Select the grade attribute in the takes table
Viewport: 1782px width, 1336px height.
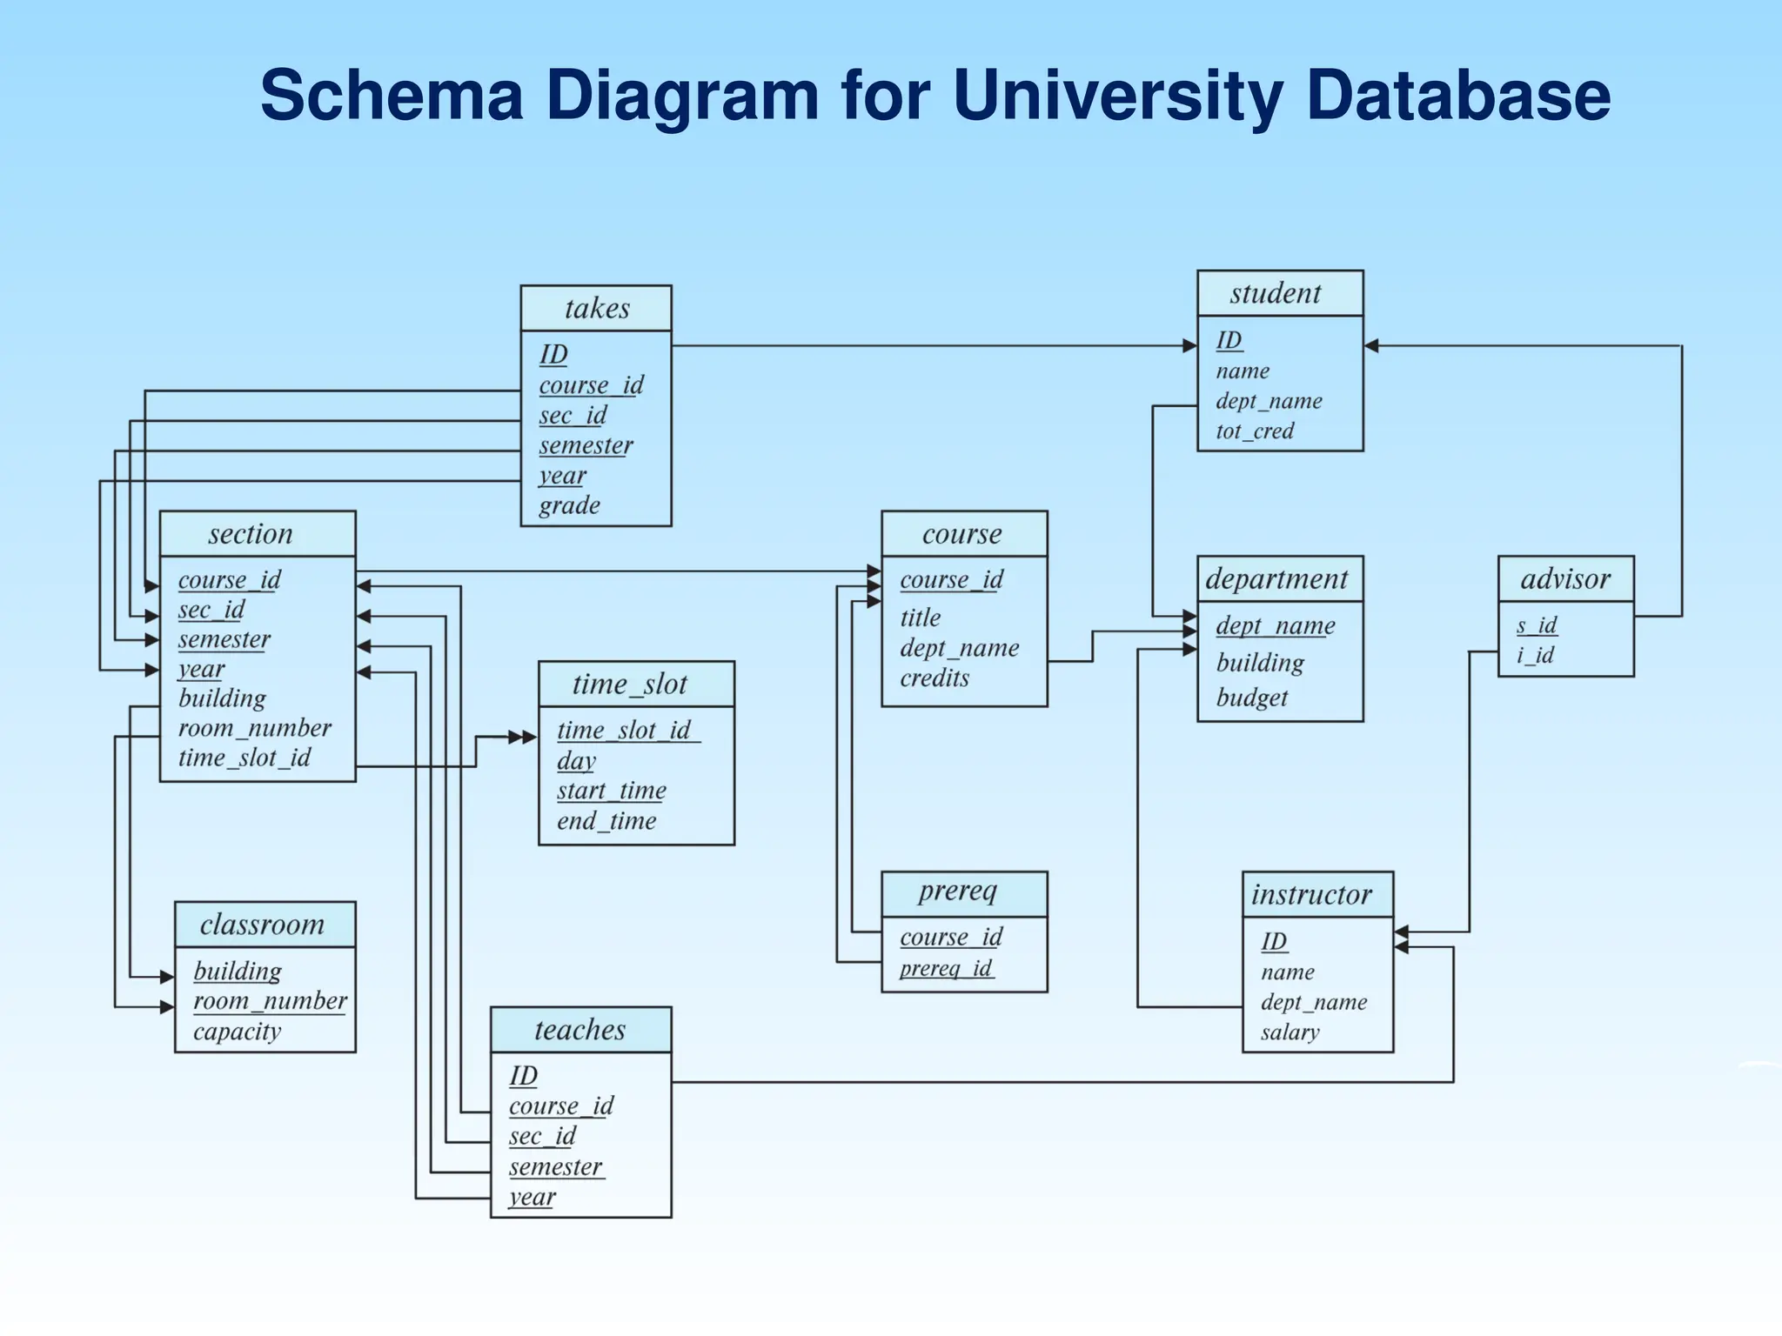tap(569, 505)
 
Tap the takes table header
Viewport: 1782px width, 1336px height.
tap(596, 308)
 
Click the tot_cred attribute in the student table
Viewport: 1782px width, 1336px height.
tap(1255, 431)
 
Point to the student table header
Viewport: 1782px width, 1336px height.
tap(1276, 293)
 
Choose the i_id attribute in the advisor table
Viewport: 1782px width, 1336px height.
tap(1535, 654)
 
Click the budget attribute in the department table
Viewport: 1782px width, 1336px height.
tap(1251, 697)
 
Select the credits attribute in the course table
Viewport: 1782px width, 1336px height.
tap(934, 678)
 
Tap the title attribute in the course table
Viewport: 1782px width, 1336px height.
tap(920, 618)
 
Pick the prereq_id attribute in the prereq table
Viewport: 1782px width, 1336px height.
tap(946, 968)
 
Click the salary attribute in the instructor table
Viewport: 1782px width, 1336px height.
tap(1290, 1032)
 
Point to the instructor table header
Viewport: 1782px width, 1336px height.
tap(1311, 894)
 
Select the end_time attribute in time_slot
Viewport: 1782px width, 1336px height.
tap(606, 820)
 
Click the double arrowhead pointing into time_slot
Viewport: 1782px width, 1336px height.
tap(523, 738)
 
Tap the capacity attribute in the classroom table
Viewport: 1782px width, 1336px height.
tap(237, 1032)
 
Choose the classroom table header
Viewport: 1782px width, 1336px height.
tap(262, 924)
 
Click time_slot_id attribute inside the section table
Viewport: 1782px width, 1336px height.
tap(244, 758)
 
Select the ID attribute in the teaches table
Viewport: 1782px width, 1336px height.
tap(523, 1076)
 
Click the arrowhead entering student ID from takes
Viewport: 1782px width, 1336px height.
tap(1189, 346)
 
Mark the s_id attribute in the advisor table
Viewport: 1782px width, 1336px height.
tap(1536, 625)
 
